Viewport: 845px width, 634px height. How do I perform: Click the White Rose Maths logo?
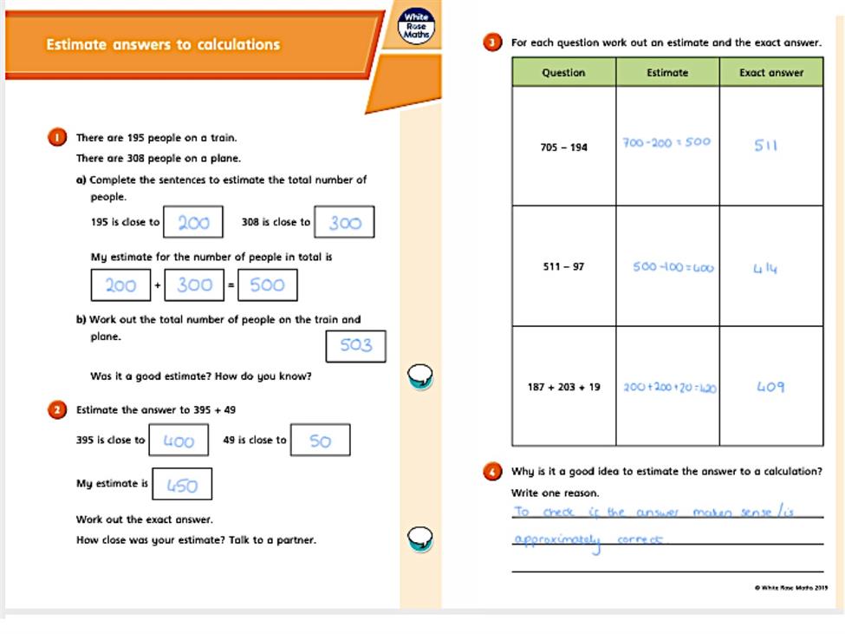(x=418, y=26)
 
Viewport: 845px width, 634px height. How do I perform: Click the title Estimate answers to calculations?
(x=163, y=44)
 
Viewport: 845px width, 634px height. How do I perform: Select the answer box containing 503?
(x=355, y=345)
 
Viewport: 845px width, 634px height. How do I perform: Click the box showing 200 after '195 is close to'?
(x=193, y=222)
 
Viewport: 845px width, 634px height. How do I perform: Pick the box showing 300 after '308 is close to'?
(x=344, y=222)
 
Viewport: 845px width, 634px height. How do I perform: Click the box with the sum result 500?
(x=267, y=284)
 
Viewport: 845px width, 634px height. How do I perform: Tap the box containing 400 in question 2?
(x=179, y=441)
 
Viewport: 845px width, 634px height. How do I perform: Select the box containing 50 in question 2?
(x=320, y=441)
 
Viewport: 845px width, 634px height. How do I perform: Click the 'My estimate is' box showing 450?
(x=182, y=485)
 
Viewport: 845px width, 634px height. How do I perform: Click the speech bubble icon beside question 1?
(x=420, y=376)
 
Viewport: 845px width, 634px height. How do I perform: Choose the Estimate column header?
(x=667, y=73)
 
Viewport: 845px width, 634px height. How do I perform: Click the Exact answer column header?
(x=770, y=73)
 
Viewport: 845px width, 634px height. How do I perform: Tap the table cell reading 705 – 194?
(x=563, y=147)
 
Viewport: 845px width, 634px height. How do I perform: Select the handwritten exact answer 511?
(x=765, y=145)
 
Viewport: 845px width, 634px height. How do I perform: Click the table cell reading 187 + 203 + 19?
(x=563, y=387)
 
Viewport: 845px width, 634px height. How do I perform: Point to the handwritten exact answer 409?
(x=770, y=387)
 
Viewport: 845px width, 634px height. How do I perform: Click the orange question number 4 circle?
(x=492, y=472)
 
